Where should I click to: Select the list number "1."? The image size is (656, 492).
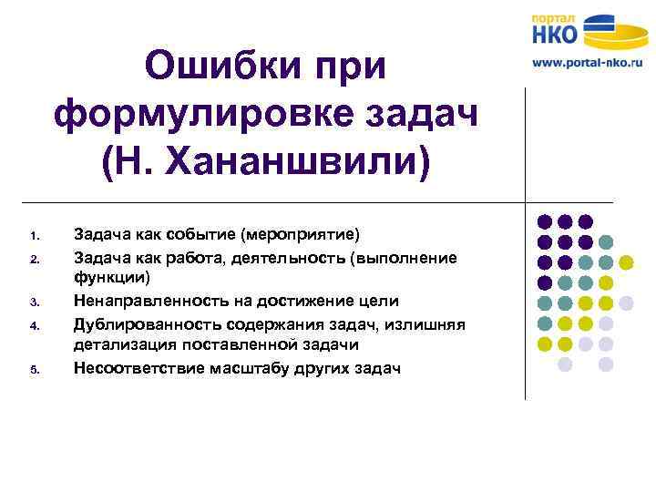tap(33, 235)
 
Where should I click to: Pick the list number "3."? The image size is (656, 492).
tap(33, 302)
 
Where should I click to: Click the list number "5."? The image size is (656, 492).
tap(33, 370)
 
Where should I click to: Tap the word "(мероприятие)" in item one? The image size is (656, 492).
tap(305, 234)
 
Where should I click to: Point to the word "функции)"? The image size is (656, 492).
tap(112, 278)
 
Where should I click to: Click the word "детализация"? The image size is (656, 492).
tap(122, 345)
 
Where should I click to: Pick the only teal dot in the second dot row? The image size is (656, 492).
tap(606, 241)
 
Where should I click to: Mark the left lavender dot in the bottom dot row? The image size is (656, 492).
tap(565, 364)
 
